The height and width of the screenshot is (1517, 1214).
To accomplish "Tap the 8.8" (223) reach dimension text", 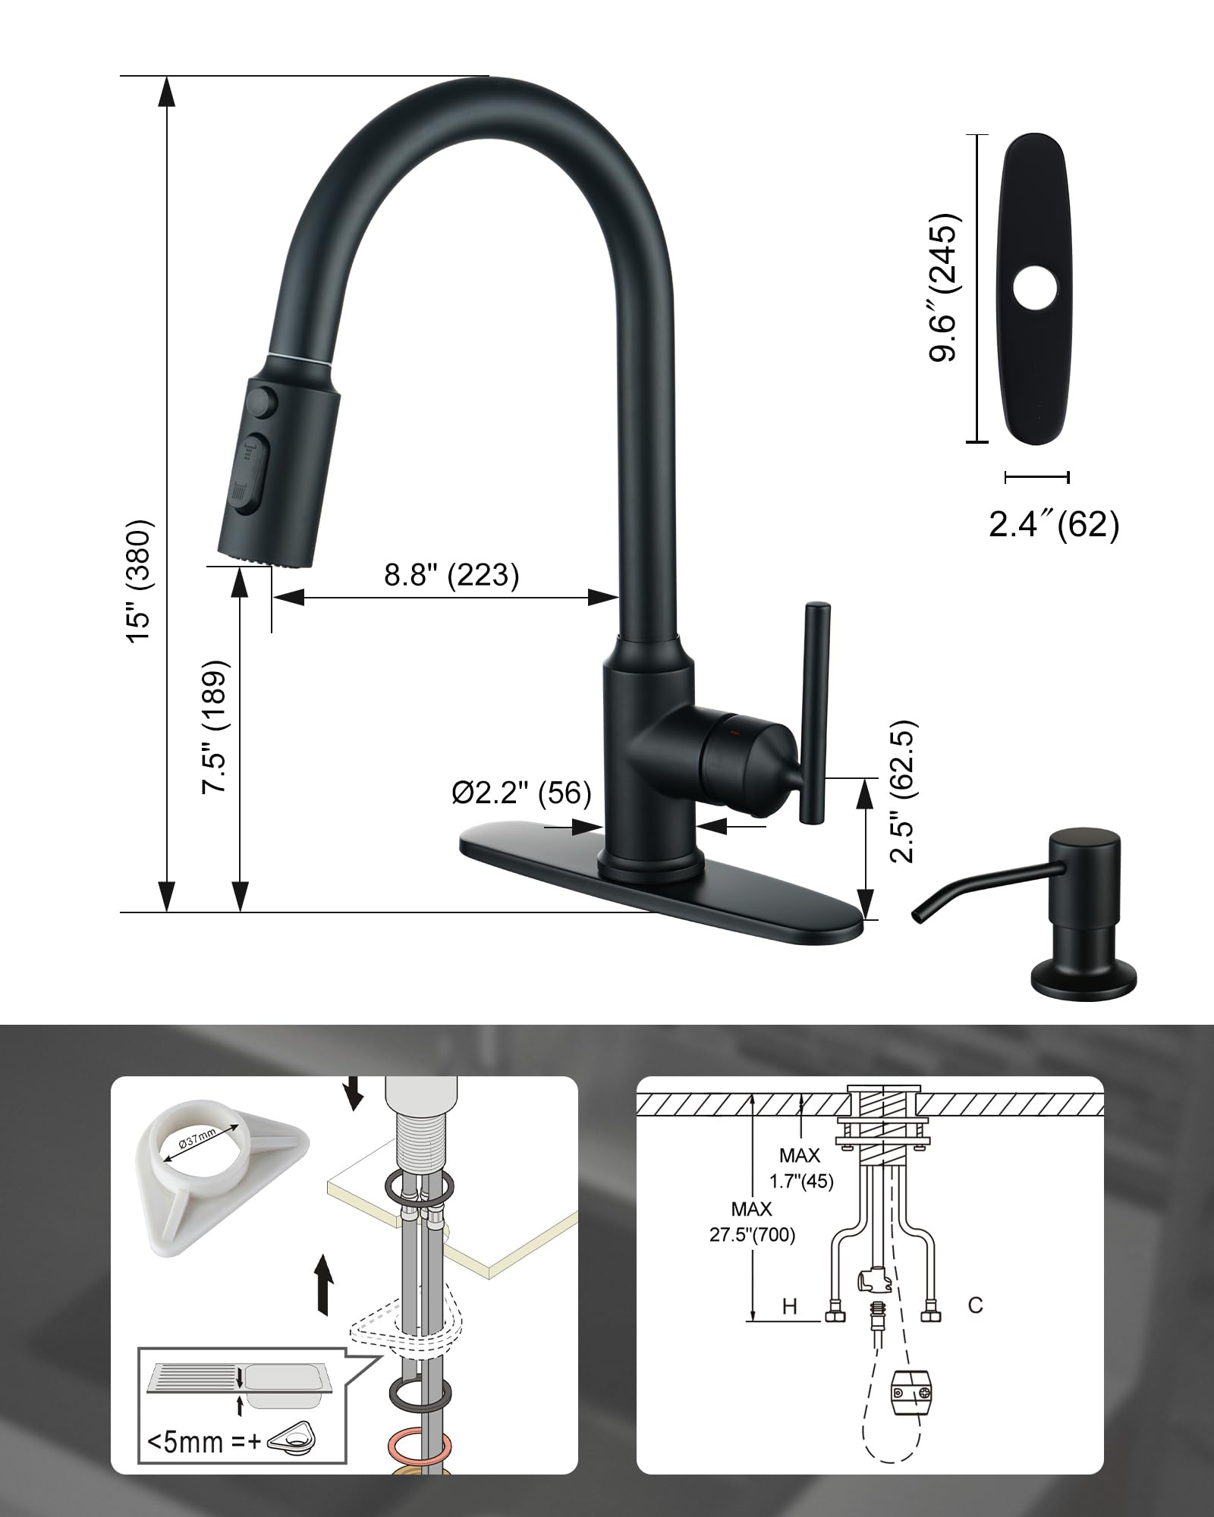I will tap(451, 574).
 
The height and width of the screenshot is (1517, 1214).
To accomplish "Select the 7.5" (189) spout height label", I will tap(215, 727).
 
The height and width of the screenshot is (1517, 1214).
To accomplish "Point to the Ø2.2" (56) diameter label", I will tap(521, 793).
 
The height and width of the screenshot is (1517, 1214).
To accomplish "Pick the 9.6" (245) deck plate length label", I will tap(945, 287).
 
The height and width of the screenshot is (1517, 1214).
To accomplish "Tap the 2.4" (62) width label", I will tap(1054, 524).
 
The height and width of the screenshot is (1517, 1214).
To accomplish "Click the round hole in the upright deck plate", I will tap(1036, 288).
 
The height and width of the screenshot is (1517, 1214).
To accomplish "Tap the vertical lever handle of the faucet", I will tap(817, 712).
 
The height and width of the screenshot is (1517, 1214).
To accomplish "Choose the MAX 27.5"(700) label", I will tap(753, 1222).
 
